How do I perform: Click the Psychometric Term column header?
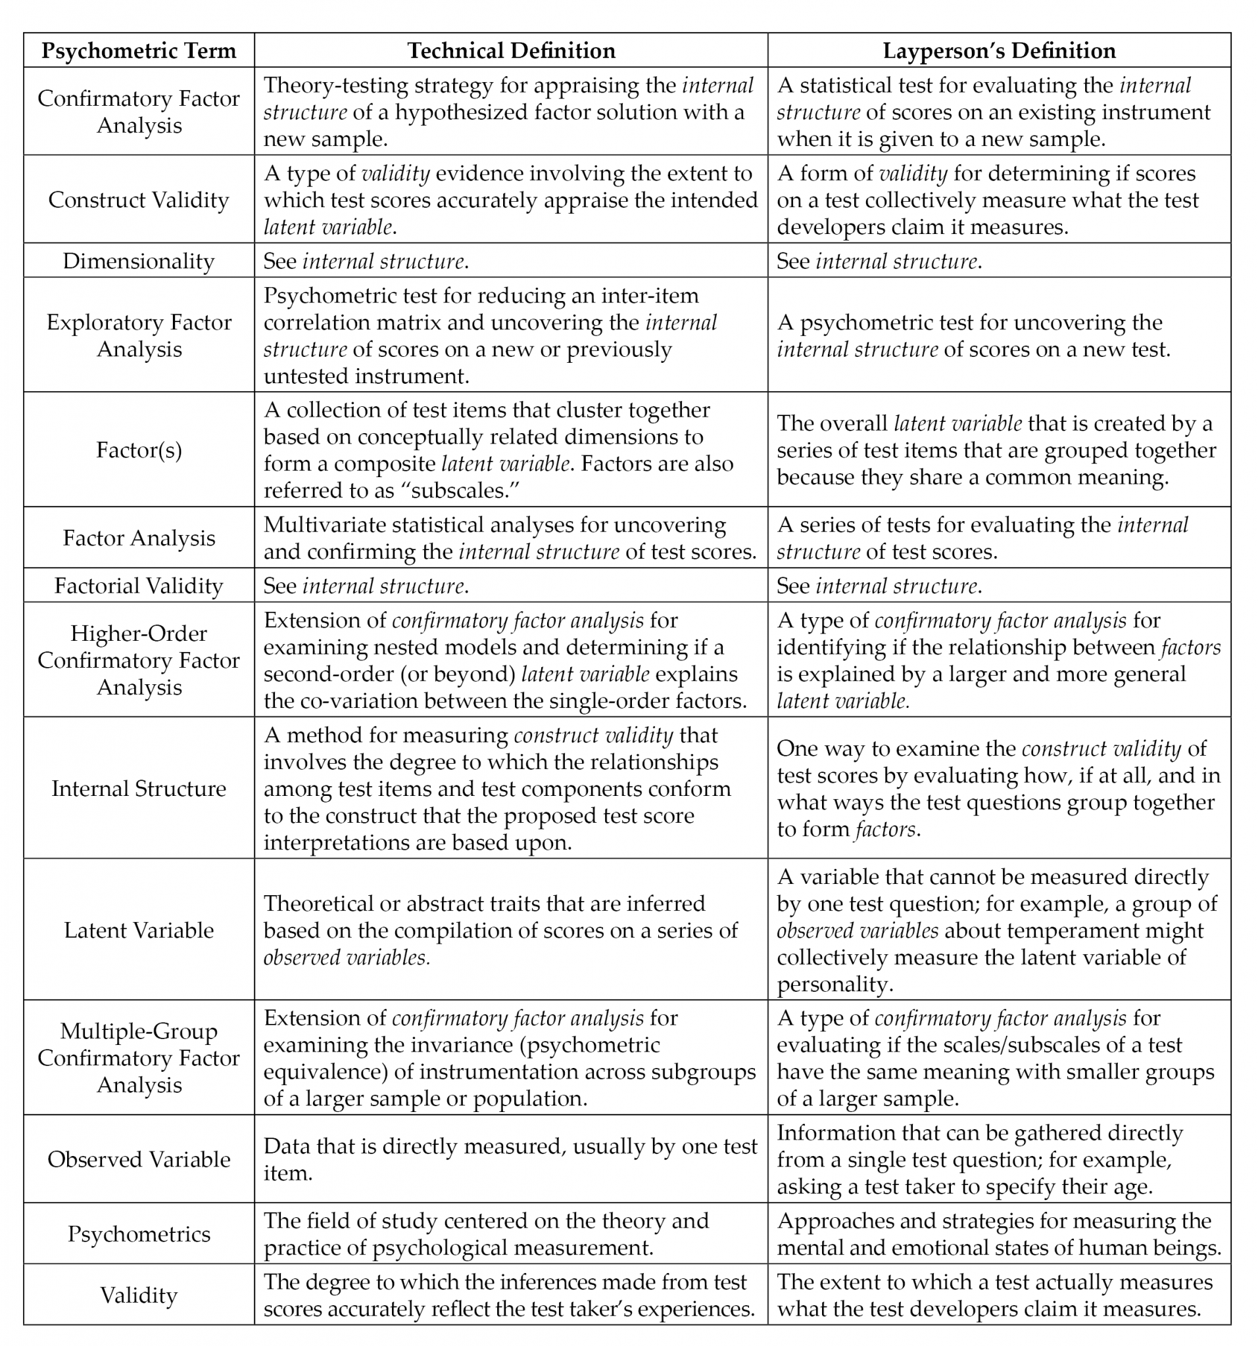[138, 51]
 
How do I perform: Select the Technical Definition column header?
[511, 51]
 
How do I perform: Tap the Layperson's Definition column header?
[998, 51]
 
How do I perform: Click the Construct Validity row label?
[138, 200]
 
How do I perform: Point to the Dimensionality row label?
[138, 262]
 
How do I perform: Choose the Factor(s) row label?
[138, 450]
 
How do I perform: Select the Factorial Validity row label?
[138, 586]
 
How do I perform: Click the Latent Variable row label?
[138, 930]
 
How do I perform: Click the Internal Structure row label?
[138, 789]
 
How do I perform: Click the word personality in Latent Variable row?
[831, 985]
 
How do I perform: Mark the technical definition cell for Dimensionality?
[511, 262]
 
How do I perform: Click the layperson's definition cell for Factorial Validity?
[998, 586]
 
